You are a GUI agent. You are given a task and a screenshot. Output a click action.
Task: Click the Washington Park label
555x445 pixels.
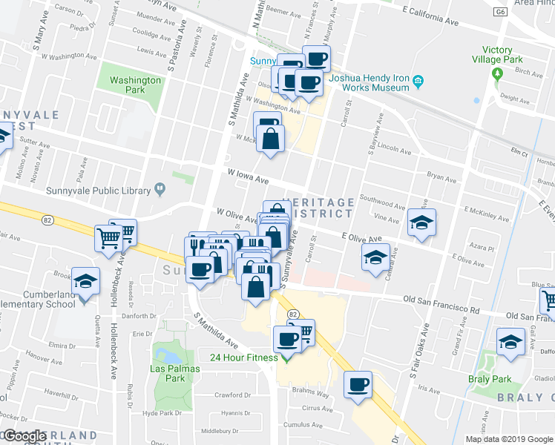(x=134, y=85)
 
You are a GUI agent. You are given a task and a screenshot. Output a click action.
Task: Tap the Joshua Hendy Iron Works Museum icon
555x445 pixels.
(x=418, y=81)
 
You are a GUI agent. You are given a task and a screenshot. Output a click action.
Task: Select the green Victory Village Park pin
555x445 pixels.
(x=498, y=73)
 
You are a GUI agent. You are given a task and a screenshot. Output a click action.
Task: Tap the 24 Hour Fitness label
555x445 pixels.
(x=244, y=357)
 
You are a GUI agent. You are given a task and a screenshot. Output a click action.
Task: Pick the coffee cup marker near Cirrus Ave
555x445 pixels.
(x=358, y=384)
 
